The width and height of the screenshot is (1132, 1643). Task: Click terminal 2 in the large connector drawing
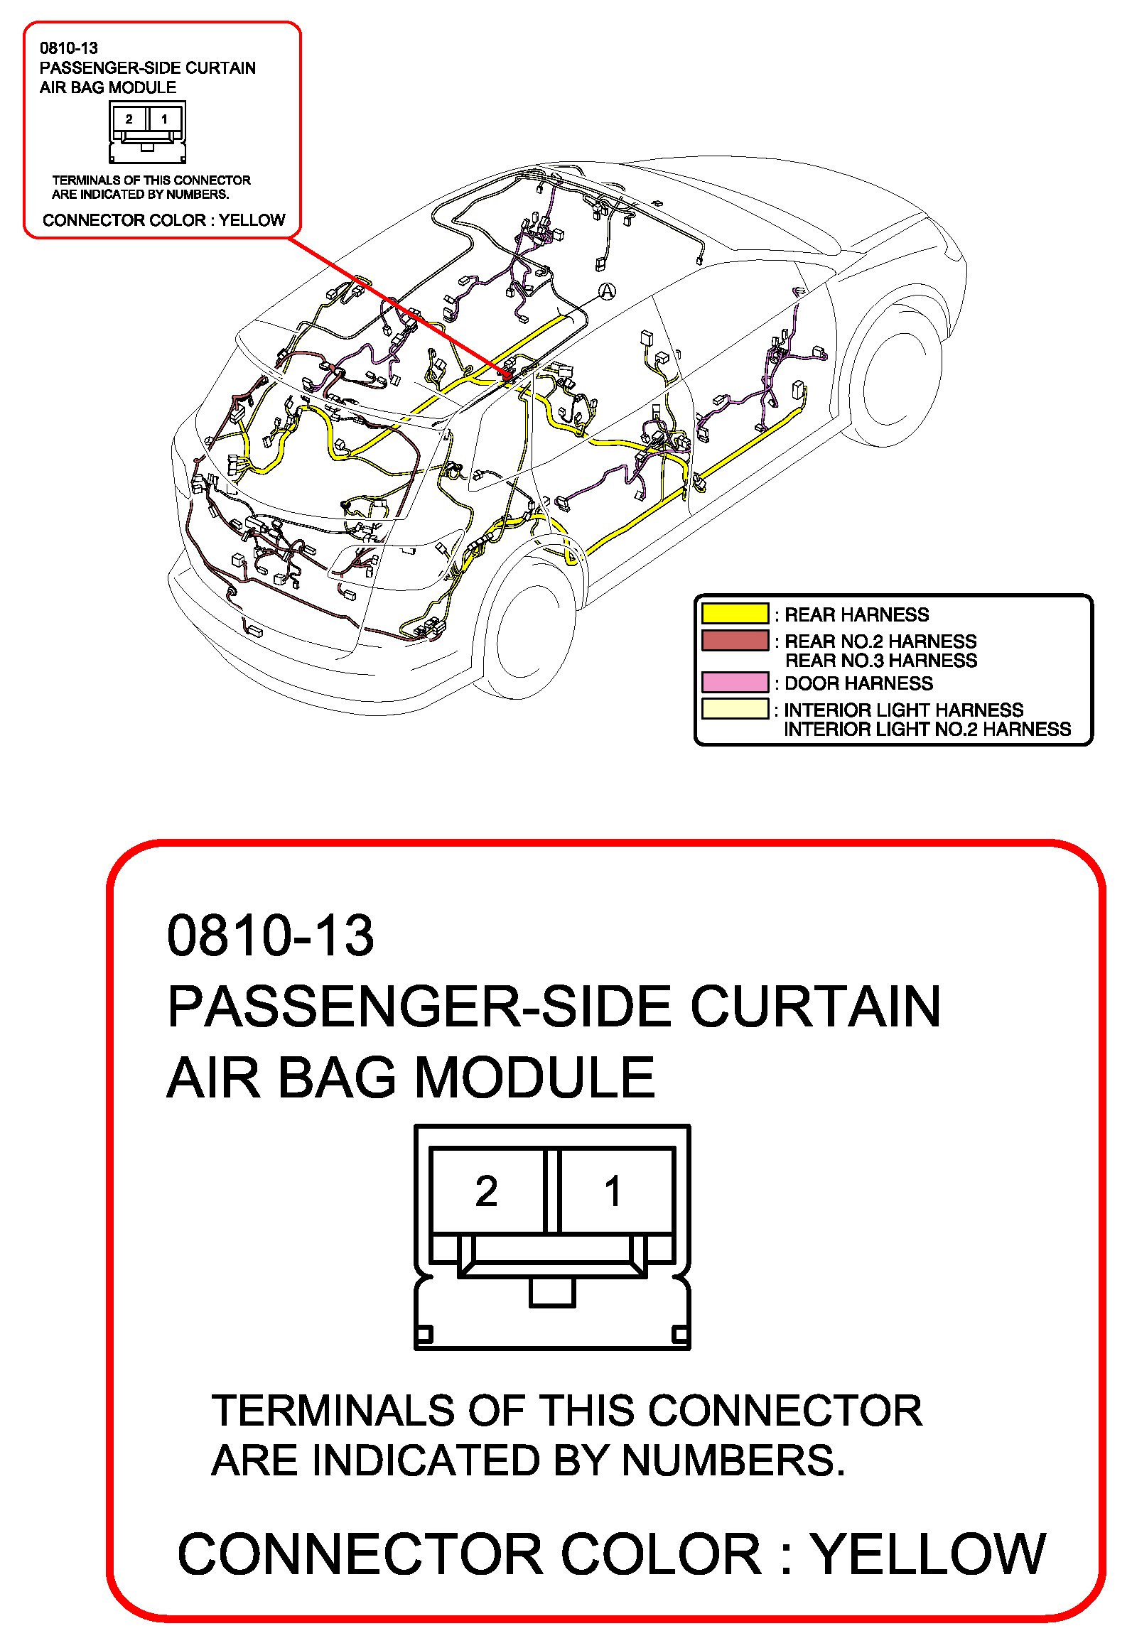tap(487, 1191)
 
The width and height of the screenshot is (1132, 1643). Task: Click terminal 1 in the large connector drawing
tap(614, 1191)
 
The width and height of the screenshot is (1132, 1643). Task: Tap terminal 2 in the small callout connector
tap(129, 119)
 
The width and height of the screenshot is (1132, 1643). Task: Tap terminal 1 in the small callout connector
tap(165, 119)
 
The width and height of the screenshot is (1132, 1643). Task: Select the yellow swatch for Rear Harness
tap(735, 613)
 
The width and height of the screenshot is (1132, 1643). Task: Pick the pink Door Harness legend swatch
tap(735, 682)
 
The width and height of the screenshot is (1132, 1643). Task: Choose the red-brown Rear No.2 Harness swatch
tap(735, 640)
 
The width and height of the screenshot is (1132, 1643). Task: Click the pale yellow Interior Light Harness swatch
tap(735, 709)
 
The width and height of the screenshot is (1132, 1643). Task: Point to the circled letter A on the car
tap(607, 291)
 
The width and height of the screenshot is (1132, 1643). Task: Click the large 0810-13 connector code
tap(270, 935)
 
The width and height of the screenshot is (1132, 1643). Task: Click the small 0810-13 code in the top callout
tap(68, 48)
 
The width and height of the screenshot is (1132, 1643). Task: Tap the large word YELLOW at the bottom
tap(928, 1554)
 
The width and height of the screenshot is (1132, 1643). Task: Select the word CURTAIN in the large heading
tap(815, 1007)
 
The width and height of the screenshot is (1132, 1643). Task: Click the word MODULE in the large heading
tap(534, 1078)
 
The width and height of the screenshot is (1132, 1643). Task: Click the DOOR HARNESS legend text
tap(858, 683)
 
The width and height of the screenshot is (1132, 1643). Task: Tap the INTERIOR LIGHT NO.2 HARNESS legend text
tap(927, 730)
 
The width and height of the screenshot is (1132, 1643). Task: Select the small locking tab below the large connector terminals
tap(552, 1292)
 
